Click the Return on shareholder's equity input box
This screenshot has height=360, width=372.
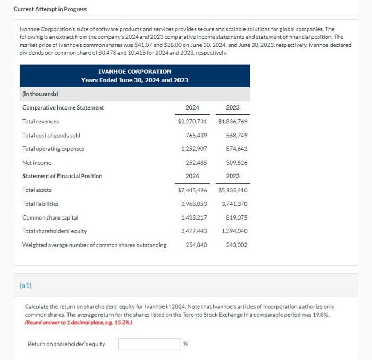[x=149, y=344]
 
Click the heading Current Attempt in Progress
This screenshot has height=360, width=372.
[x=50, y=9]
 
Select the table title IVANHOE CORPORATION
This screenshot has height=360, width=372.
[x=134, y=71]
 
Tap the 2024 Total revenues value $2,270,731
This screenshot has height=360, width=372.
[x=192, y=121]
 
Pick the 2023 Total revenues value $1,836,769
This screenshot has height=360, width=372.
[x=233, y=121]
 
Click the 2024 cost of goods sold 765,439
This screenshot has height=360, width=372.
[x=196, y=135]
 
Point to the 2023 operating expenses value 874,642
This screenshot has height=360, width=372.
[x=236, y=149]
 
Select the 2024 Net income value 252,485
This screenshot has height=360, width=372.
[x=196, y=163]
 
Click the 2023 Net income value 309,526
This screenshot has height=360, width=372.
[x=236, y=163]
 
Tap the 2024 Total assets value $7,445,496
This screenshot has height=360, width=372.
[x=192, y=190]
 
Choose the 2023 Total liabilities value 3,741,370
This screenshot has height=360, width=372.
[x=234, y=204]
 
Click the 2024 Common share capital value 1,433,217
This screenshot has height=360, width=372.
[x=194, y=217]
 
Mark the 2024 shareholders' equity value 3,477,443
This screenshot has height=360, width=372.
[x=194, y=231]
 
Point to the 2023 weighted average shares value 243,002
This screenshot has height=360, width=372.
[x=236, y=245]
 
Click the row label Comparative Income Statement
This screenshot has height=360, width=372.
[x=63, y=107]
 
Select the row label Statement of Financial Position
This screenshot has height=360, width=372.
[x=62, y=176]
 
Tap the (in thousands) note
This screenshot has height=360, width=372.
[x=40, y=94]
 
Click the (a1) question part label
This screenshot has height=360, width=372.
[x=26, y=286]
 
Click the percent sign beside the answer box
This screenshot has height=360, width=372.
[x=185, y=344]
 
